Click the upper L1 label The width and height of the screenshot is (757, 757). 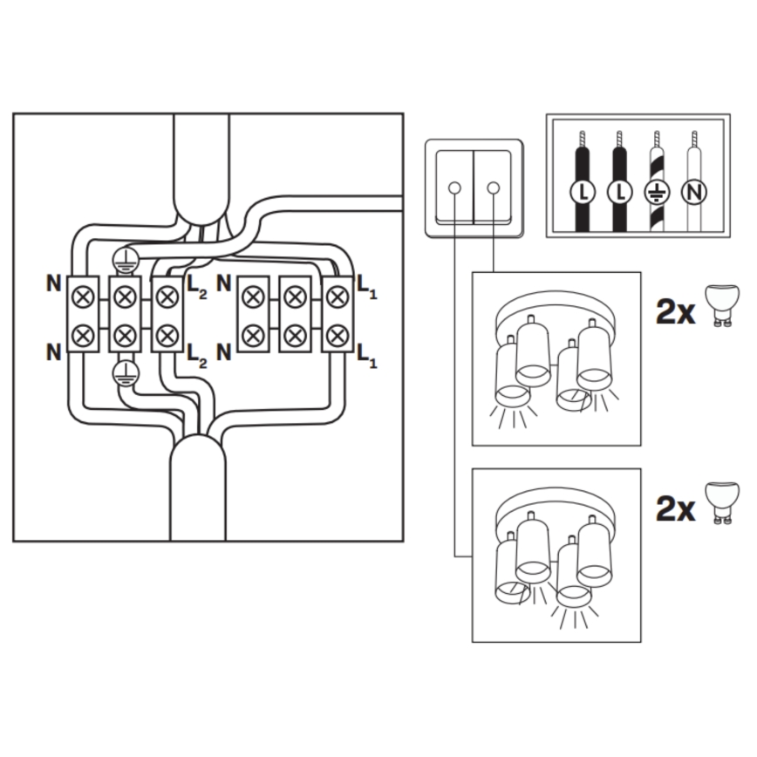click(367, 288)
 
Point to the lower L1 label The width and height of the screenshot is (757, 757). click(367, 354)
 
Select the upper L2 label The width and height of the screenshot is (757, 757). click(197, 288)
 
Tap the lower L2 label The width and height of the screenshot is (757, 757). click(197, 354)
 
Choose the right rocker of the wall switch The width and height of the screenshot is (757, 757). click(493, 188)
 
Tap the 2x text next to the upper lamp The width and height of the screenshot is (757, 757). click(675, 310)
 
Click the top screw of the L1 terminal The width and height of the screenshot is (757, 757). click(338, 297)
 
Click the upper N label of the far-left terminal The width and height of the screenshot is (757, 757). click(53, 283)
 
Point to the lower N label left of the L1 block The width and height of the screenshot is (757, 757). click(224, 352)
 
